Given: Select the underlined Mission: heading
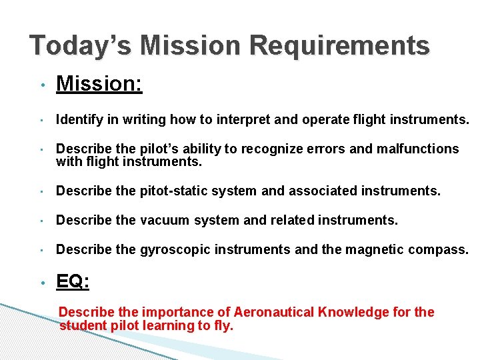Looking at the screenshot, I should coord(99,84).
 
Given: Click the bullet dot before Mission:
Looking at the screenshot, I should coord(41,86).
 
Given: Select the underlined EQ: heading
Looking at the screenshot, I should coord(73,282).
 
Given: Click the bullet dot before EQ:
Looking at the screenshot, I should coord(41,283).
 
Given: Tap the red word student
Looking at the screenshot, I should coord(81,326).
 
